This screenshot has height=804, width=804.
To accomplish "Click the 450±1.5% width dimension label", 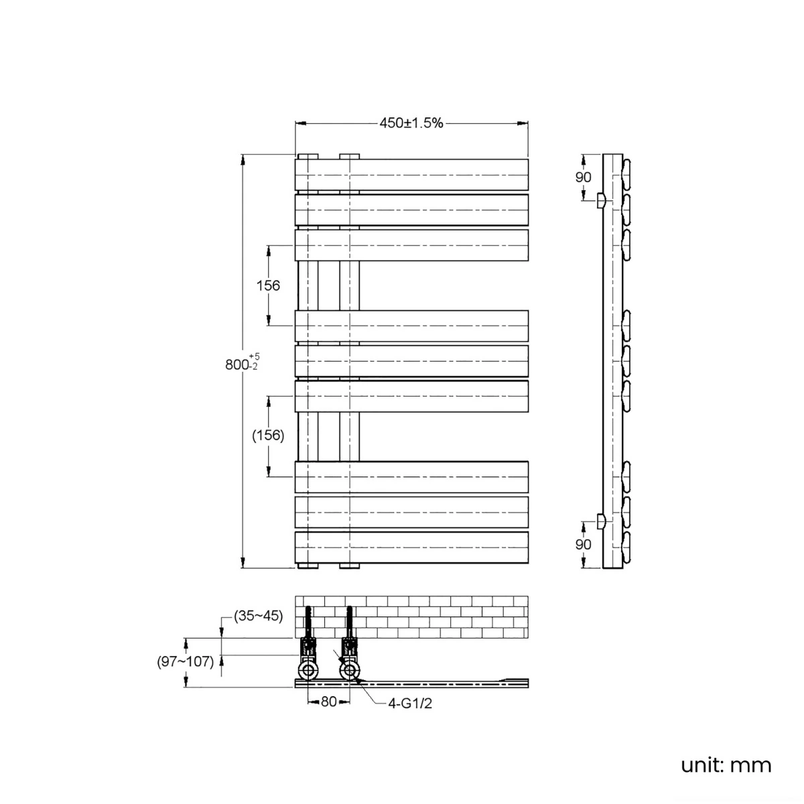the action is (411, 123).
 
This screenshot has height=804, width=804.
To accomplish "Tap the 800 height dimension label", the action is (237, 364).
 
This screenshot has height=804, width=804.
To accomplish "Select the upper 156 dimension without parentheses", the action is (268, 286).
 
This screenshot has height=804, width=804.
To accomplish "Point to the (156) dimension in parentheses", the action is (268, 435).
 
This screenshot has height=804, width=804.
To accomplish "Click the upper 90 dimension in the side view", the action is (584, 178).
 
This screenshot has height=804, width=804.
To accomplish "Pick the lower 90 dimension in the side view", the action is (584, 545).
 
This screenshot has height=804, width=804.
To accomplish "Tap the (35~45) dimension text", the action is (258, 616).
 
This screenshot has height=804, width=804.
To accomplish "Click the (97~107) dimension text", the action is (185, 662).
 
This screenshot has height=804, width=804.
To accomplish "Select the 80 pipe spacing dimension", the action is (329, 701).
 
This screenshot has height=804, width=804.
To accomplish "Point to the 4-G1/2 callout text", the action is (410, 703).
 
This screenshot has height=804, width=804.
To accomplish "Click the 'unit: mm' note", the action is (726, 765).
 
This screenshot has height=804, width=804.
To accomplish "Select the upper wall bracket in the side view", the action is (600, 201).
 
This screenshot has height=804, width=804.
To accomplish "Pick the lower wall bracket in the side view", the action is (600, 521).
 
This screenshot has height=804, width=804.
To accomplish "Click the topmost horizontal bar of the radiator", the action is (411, 175).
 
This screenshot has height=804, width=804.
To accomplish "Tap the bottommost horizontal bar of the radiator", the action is (411, 547).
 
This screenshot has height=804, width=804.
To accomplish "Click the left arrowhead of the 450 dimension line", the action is (301, 123).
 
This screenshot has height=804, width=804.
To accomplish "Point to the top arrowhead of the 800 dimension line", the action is (243, 160).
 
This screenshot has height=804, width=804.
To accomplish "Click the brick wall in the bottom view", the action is (411, 617).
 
